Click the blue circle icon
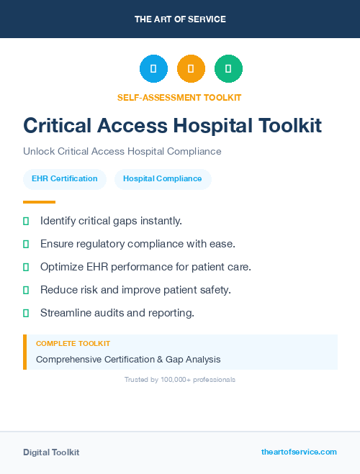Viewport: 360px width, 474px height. click(153, 69)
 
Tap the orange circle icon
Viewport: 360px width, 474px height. click(191, 69)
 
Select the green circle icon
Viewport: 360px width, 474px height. click(228, 69)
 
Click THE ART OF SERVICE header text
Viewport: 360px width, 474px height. click(180, 19)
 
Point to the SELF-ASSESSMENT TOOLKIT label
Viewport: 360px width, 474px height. click(179, 97)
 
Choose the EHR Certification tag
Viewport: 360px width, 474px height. click(65, 179)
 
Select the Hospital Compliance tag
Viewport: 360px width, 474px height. click(163, 179)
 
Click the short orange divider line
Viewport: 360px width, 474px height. click(39, 202)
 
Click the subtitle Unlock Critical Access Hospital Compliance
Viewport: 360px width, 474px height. click(122, 152)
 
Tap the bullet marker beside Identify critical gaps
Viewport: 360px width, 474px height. click(26, 221)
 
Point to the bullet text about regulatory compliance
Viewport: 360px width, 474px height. click(138, 244)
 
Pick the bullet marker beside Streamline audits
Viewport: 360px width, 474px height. click(26, 313)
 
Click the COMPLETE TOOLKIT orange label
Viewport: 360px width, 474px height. click(73, 344)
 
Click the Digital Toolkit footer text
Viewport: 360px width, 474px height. click(51, 452)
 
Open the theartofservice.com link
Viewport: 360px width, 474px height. click(299, 452)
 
